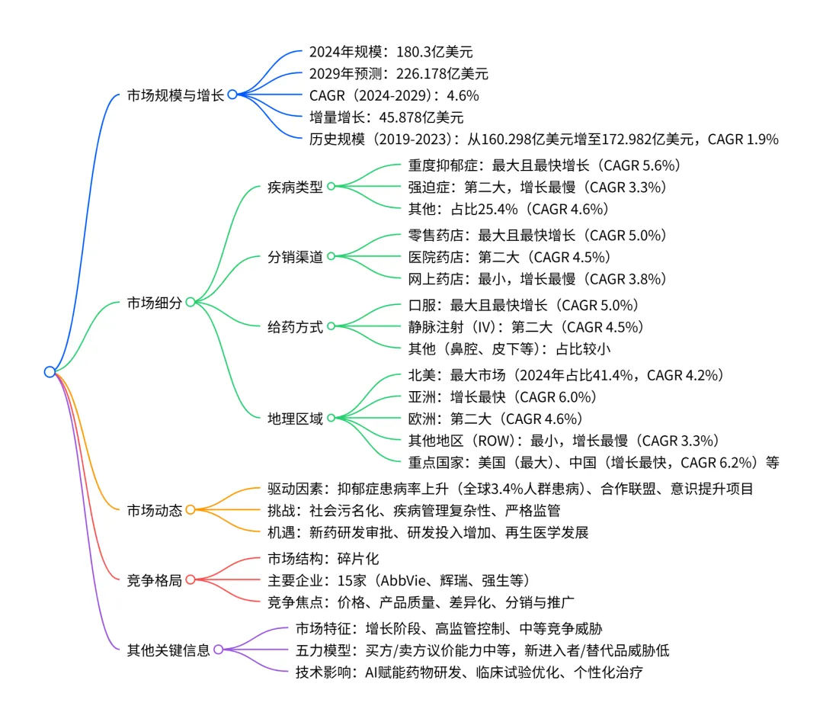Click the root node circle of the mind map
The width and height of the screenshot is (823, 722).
point(50,372)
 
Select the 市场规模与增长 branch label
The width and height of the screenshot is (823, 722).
point(175,95)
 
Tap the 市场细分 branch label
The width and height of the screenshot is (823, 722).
point(155,303)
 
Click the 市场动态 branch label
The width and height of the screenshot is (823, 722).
point(155,510)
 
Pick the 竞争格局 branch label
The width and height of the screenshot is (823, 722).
point(155,580)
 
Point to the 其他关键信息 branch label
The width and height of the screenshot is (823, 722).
point(168,650)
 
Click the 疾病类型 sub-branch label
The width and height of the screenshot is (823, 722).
point(295,187)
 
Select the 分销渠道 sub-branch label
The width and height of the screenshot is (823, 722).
point(295,257)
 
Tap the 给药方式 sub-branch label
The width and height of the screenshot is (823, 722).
point(295,327)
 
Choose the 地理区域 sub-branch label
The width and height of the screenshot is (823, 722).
point(295,419)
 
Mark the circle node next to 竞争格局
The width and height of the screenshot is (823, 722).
point(191,580)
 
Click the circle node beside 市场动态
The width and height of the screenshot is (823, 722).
point(191,510)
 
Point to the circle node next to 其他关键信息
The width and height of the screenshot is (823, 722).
point(219,650)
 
